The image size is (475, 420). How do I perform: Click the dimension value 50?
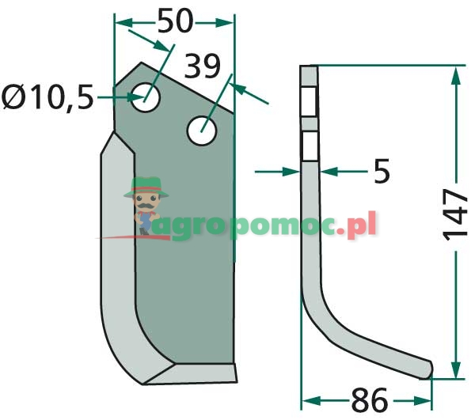pos(175,21)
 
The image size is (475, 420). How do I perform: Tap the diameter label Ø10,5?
pos(47,97)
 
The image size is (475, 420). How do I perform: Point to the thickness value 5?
pos(382,171)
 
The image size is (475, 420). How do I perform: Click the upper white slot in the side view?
pos(310,101)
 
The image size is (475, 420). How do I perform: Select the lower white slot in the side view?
pos(310,146)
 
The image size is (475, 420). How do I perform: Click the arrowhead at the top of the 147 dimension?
pos(455,75)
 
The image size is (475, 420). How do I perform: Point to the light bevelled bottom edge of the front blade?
pos(190,373)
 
